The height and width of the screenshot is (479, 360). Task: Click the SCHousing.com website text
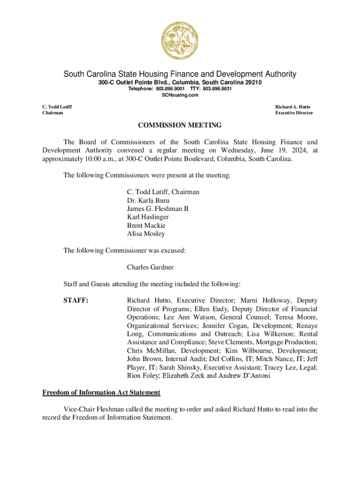point(180,95)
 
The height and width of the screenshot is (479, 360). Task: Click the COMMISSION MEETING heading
point(180,125)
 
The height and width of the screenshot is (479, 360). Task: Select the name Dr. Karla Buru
point(145,200)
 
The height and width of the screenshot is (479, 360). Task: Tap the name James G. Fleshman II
point(158,209)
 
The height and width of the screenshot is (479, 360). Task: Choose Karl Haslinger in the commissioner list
point(148,217)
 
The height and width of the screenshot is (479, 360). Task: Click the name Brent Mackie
point(146,225)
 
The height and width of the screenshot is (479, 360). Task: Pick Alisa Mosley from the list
point(146,234)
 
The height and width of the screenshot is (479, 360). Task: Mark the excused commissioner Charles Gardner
point(150,267)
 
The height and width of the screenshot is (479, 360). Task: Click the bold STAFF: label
point(76,300)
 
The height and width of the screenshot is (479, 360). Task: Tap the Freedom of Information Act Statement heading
point(101,392)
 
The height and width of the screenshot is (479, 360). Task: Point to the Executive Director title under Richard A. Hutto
point(294,113)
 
